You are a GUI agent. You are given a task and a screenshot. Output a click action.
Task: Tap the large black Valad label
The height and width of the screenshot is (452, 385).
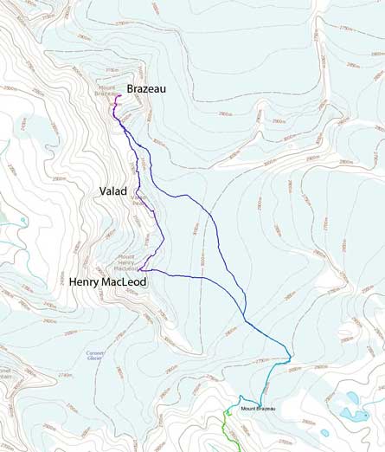coord(112,190)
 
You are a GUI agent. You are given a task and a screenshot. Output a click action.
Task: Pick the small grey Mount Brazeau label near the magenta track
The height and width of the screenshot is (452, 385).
coord(107,90)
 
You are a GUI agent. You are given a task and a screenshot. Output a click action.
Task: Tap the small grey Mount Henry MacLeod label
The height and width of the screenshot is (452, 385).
coord(126,262)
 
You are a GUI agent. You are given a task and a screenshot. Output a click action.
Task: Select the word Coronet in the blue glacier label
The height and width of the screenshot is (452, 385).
coord(95,353)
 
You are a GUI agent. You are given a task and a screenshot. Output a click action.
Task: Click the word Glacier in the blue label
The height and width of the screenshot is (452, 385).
coord(95,359)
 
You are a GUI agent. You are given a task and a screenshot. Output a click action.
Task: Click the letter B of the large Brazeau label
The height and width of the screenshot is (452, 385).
coord(132,88)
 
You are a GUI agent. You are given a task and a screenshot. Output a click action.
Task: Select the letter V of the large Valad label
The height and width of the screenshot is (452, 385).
coord(102,190)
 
